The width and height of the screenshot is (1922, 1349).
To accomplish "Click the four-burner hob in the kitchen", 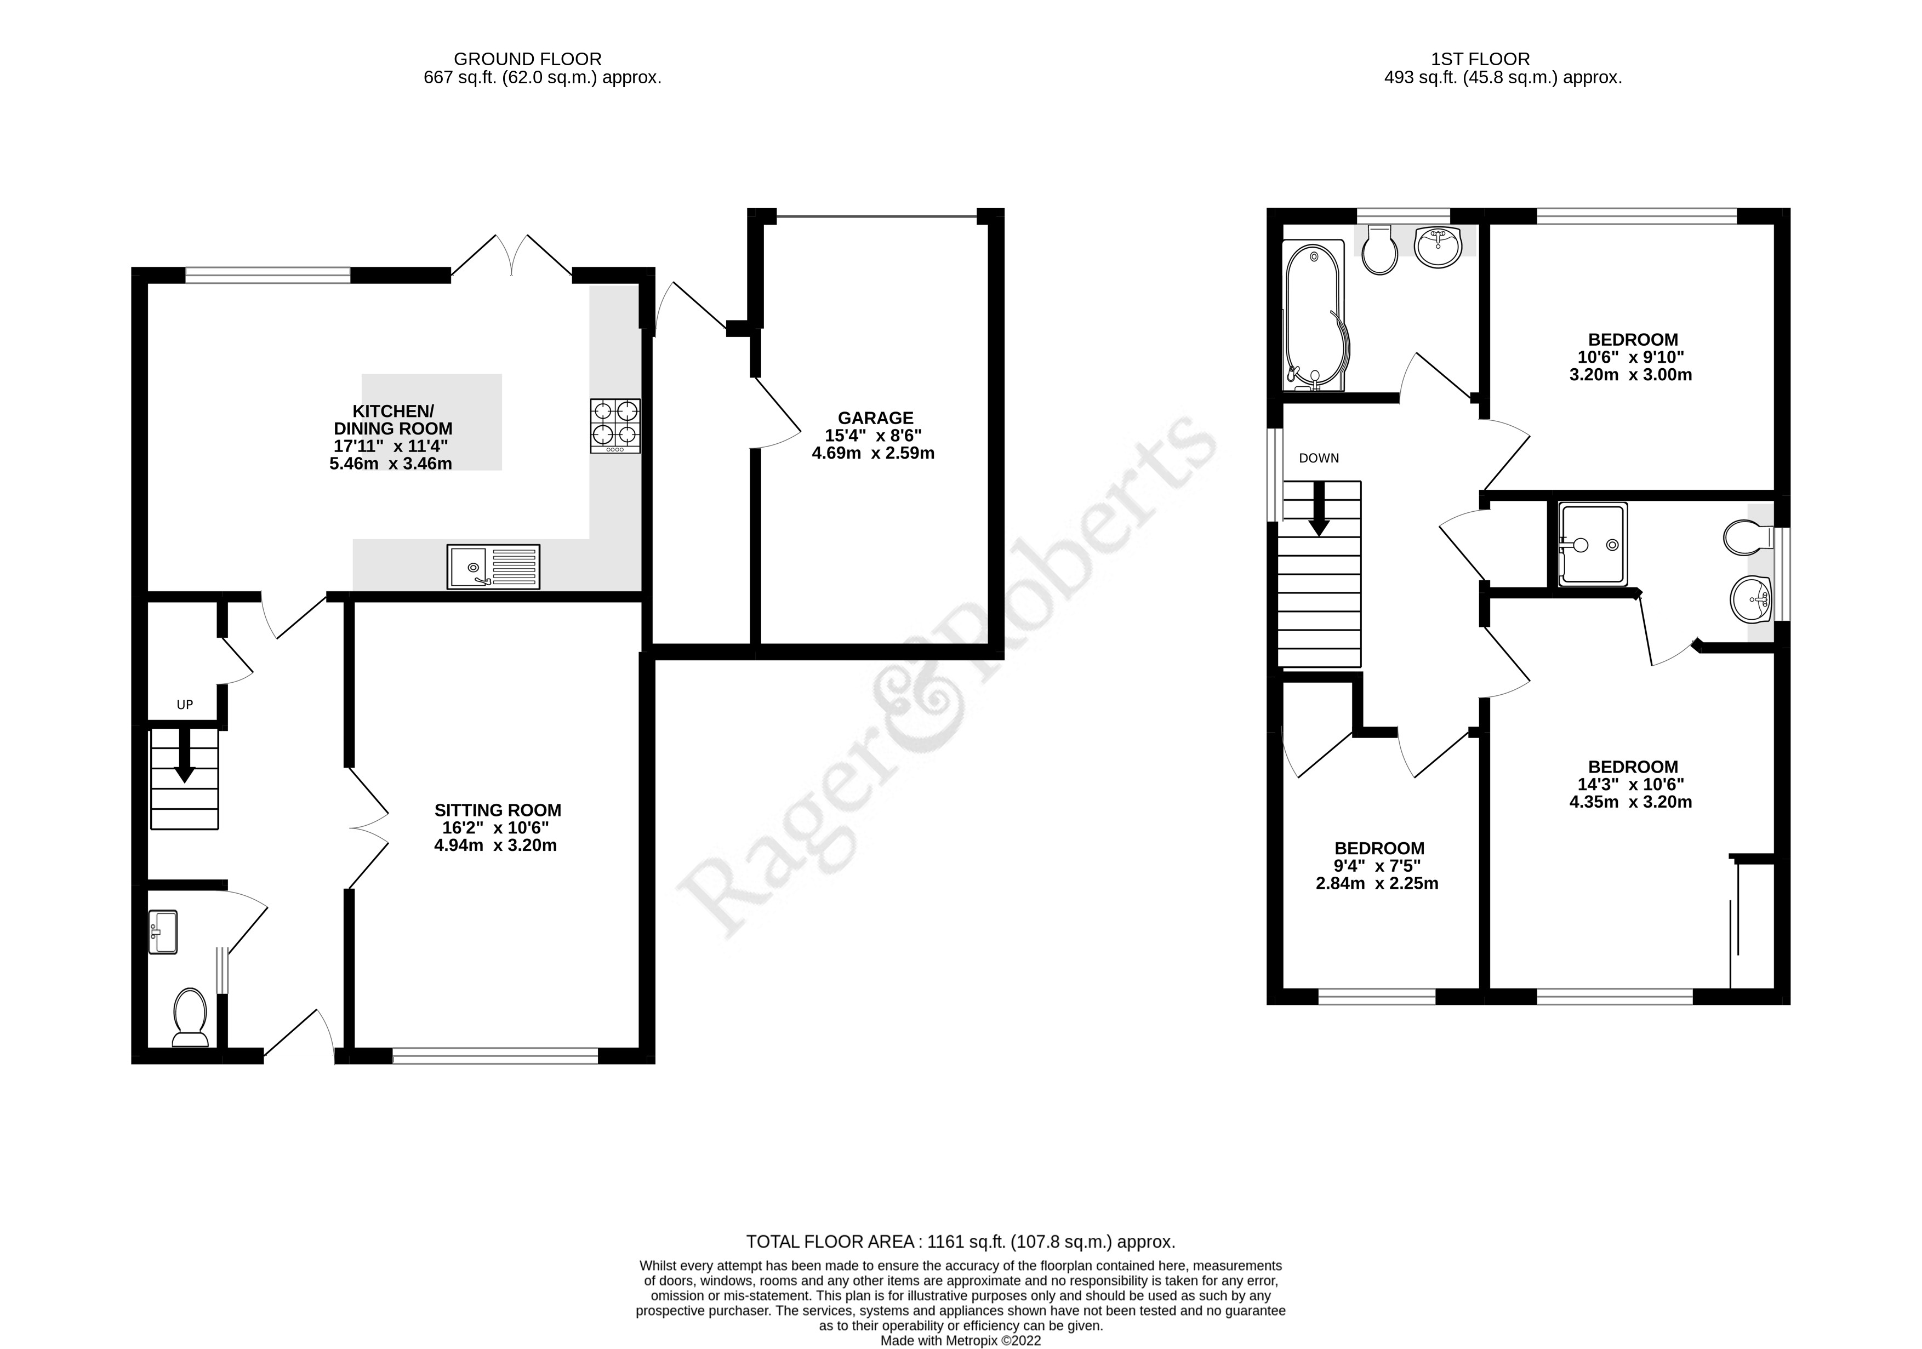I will (x=615, y=426).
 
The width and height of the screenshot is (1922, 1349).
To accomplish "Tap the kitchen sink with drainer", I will (x=493, y=567).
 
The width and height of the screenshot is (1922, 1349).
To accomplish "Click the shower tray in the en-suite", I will (x=1592, y=544).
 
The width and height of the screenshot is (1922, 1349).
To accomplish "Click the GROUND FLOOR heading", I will (x=527, y=59).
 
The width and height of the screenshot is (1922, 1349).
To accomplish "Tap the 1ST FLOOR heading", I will (x=1480, y=59).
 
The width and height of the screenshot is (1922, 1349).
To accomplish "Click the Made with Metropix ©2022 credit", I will (x=960, y=1340).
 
